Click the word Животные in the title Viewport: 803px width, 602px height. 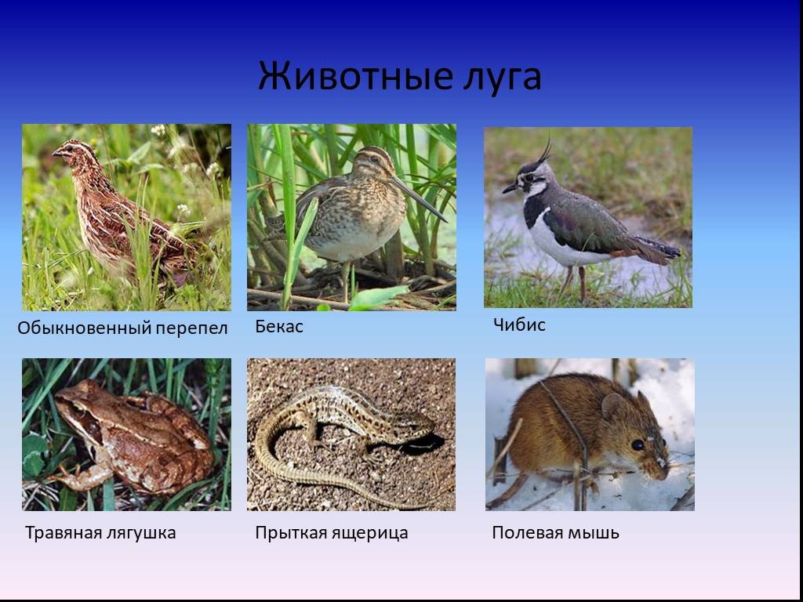pyautogui.click(x=355, y=76)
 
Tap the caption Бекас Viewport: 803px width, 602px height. pyautogui.click(x=279, y=327)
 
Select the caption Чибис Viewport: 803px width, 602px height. pyautogui.click(x=519, y=325)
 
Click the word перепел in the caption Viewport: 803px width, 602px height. pyautogui.click(x=191, y=328)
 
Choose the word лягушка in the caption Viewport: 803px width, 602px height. pyautogui.click(x=141, y=533)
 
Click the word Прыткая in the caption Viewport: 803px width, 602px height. pyautogui.click(x=288, y=533)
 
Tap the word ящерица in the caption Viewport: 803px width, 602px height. pyautogui.click(x=367, y=533)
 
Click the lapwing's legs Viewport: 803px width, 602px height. pyautogui.click(x=575, y=283)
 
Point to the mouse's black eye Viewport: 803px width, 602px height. pyautogui.click(x=638, y=445)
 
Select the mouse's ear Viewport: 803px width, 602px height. pyautogui.click(x=614, y=406)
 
